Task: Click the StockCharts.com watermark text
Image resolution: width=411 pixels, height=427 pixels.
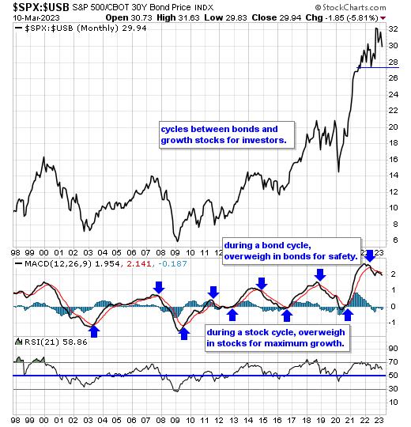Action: tap(351, 7)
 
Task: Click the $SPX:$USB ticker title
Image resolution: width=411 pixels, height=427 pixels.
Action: tap(41, 7)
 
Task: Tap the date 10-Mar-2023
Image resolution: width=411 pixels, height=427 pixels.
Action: tap(36, 18)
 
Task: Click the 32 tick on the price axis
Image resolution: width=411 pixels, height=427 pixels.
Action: tap(393, 29)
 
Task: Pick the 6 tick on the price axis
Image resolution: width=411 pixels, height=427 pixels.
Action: tap(395, 240)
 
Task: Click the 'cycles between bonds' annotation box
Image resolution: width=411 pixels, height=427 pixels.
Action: tap(227, 134)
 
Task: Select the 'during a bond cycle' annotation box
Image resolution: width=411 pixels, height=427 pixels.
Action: tap(292, 251)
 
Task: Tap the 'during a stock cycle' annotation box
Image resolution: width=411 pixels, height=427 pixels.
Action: tap(277, 338)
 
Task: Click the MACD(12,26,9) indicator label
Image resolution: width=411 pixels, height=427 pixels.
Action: tap(58, 263)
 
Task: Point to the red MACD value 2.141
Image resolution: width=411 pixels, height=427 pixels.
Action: tap(139, 263)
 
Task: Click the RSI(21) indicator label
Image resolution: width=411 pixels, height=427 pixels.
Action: tap(42, 342)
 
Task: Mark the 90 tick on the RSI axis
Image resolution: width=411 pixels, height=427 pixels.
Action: tap(393, 348)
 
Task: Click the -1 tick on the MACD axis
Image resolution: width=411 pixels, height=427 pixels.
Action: tap(392, 323)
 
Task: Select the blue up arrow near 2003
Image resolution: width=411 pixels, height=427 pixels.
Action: tap(94, 331)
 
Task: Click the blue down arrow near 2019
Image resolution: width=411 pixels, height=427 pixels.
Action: tap(320, 275)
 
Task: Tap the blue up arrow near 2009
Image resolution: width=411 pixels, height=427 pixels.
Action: tap(184, 334)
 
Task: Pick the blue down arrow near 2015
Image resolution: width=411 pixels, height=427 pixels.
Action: tap(262, 284)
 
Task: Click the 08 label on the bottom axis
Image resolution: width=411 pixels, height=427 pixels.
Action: tap(160, 420)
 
